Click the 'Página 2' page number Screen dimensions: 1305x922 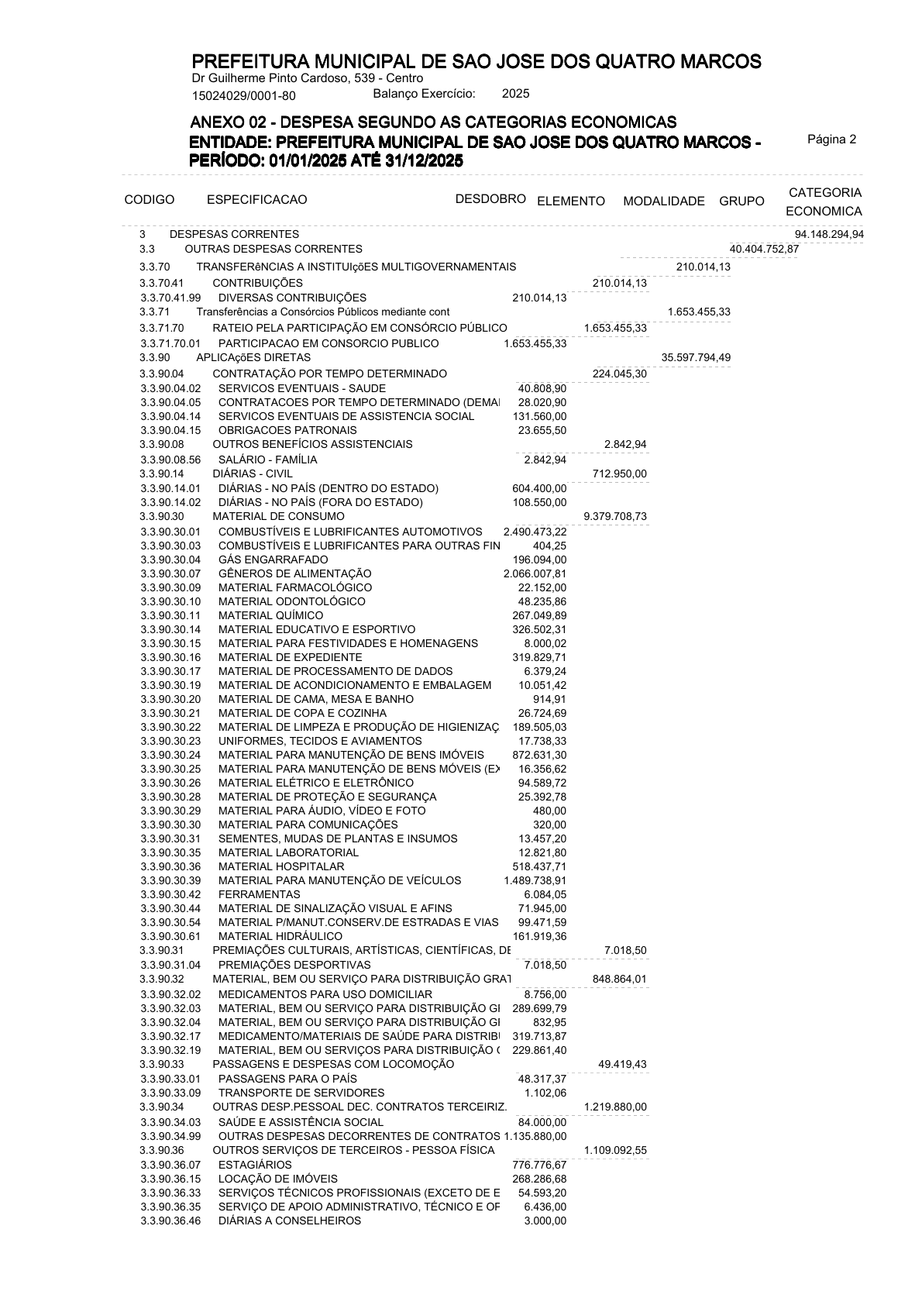click(831, 140)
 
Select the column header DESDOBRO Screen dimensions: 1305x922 click(490, 198)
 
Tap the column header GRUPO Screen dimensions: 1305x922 click(741, 201)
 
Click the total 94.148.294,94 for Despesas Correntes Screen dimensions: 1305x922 click(829, 234)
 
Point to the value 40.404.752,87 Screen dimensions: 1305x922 click(764, 249)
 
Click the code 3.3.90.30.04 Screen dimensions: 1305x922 click(170, 560)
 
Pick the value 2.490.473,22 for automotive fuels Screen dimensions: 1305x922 click(535, 532)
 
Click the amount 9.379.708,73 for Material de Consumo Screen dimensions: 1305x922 click(615, 516)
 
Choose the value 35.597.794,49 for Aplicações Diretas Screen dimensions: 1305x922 click(696, 357)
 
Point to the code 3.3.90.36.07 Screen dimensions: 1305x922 click(170, 1165)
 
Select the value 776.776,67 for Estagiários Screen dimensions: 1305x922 click(539, 1165)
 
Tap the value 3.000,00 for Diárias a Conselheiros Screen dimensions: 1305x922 click(545, 1221)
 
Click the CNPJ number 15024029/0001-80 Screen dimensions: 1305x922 click(243, 96)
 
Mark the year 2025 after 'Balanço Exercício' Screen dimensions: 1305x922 click(515, 94)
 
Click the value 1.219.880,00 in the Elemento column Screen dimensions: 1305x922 click(615, 1107)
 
